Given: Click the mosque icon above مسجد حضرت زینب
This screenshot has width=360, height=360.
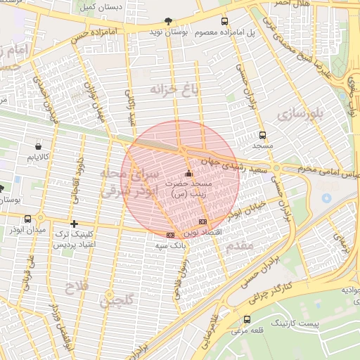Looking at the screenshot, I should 188,174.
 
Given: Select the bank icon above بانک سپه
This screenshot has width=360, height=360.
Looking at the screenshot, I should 170,234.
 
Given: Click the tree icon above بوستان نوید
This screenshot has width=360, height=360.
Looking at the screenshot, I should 167,21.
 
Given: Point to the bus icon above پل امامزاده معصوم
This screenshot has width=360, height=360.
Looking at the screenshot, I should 224,21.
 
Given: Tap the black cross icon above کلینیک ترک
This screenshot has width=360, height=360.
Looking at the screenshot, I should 74,224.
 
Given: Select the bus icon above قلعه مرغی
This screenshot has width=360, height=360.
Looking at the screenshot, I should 246,320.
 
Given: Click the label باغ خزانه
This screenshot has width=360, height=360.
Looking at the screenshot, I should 175,89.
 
